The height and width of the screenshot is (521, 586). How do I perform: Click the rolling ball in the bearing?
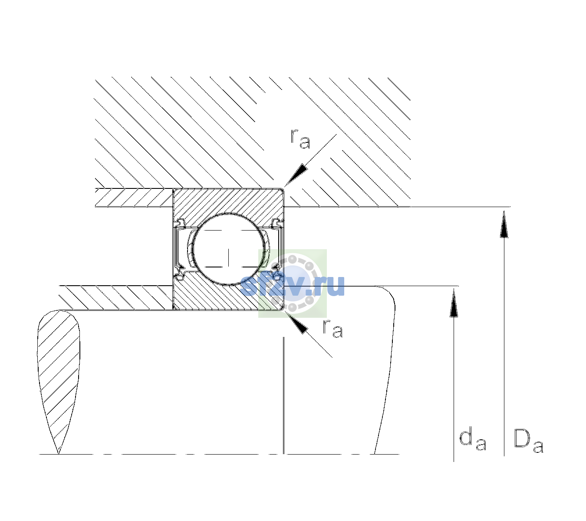tap(228, 249)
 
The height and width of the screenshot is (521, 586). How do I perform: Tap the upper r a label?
tap(300, 139)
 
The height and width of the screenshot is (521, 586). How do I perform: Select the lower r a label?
tap(333, 329)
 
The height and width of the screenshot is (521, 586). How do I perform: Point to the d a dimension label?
tap(473, 439)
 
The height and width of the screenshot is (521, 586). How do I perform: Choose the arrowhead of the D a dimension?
tap(504, 224)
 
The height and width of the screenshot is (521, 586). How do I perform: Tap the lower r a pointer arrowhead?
tap(296, 322)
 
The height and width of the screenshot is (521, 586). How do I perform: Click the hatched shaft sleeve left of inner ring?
tap(116, 298)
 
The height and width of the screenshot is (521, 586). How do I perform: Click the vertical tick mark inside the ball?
tap(228, 257)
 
